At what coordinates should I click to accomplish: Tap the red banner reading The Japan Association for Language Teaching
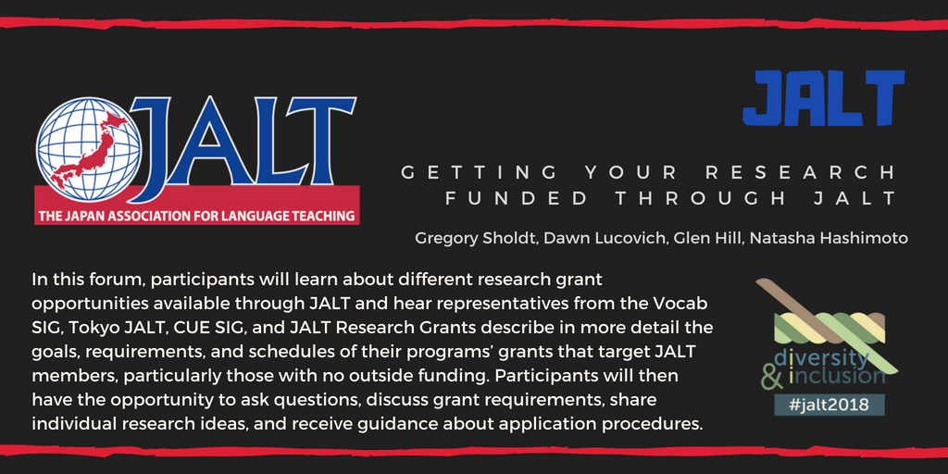click(x=196, y=216)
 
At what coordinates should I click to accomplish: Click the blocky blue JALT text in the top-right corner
click(x=823, y=98)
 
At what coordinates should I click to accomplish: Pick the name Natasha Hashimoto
click(x=829, y=238)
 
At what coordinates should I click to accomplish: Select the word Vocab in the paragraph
click(x=683, y=302)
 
